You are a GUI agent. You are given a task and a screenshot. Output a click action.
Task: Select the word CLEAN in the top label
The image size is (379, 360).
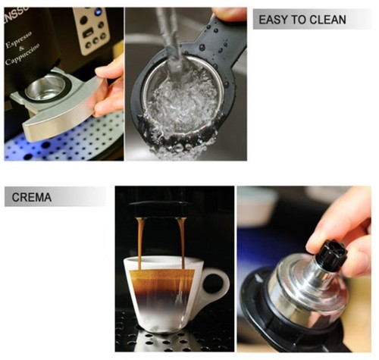point(330,20)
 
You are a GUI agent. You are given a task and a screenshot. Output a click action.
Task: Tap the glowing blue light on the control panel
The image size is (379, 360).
point(97,13)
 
